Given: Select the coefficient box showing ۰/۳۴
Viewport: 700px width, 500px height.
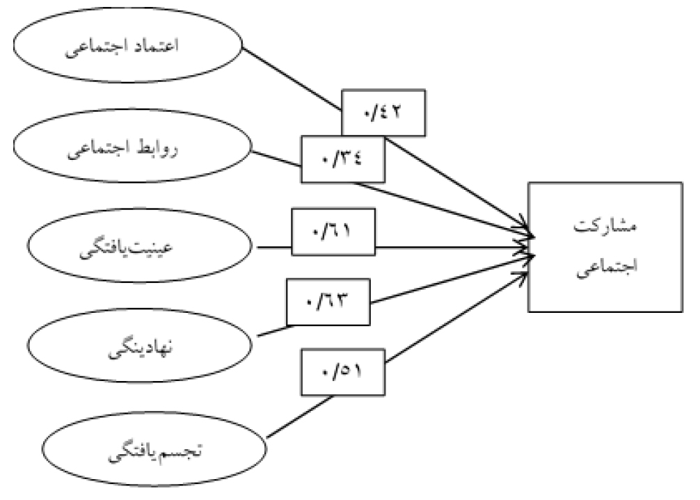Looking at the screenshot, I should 342,159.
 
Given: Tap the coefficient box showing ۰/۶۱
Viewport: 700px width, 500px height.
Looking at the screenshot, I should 334,232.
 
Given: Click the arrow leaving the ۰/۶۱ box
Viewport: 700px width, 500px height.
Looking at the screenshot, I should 452,247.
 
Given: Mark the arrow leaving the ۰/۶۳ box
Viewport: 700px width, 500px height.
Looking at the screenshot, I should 452,278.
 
